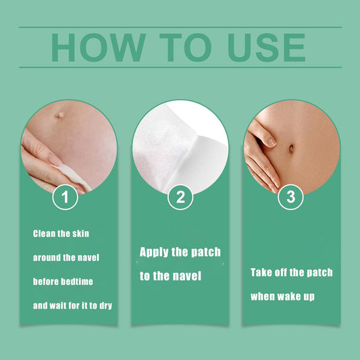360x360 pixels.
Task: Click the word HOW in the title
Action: (x=99, y=47)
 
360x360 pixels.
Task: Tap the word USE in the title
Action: (x=266, y=47)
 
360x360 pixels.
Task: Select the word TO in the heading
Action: (x=185, y=47)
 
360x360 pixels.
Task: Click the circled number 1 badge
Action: (x=66, y=197)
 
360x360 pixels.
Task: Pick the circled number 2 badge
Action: (x=180, y=197)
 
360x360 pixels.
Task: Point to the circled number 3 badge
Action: (x=290, y=197)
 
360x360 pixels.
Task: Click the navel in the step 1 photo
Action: (x=60, y=115)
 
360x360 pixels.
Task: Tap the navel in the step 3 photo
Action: (x=291, y=149)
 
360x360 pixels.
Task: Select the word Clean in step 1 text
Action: (x=44, y=234)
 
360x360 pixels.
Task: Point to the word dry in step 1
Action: (x=106, y=306)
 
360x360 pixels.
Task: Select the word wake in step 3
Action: (x=289, y=297)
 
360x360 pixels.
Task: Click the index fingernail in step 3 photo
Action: (x=272, y=142)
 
